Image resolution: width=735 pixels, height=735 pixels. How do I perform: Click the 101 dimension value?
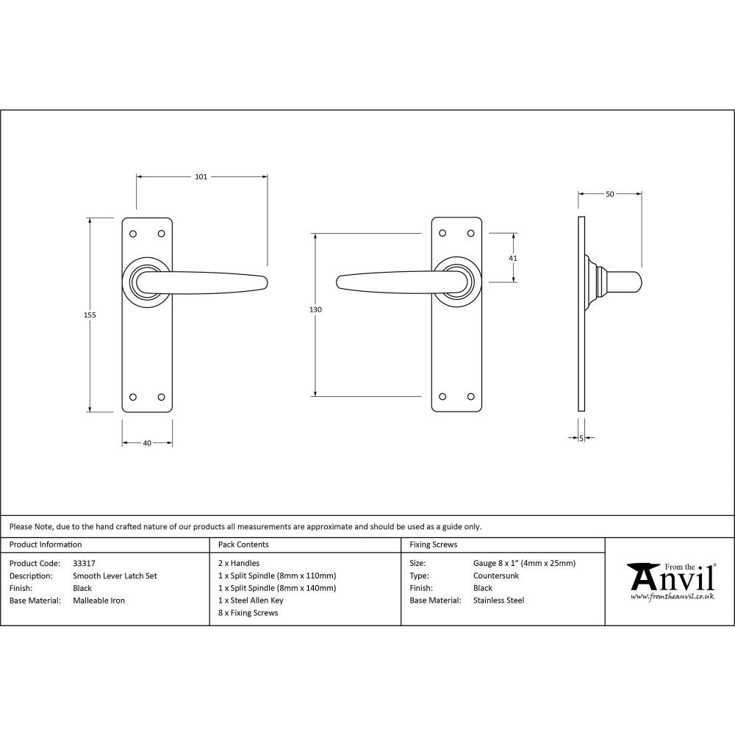click(x=201, y=176)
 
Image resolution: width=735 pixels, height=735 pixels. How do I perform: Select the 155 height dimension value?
click(x=90, y=315)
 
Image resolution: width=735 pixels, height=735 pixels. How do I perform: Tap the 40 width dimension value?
click(x=147, y=443)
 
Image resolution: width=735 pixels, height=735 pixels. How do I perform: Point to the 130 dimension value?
click(x=315, y=310)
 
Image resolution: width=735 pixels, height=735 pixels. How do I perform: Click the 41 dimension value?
click(x=513, y=258)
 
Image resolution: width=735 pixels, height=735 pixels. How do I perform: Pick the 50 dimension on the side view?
click(x=610, y=194)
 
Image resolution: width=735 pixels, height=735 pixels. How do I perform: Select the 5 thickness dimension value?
click(x=581, y=438)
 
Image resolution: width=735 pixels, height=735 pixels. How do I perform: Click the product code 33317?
click(x=85, y=564)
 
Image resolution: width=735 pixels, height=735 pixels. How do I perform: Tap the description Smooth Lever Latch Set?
click(x=115, y=576)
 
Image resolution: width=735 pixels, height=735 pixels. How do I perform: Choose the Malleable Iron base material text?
click(x=99, y=600)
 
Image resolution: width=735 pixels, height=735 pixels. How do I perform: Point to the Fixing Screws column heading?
click(x=433, y=545)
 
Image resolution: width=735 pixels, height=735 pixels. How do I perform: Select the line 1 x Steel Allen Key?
click(x=251, y=600)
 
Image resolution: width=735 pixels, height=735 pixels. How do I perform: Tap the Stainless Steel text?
click(x=499, y=600)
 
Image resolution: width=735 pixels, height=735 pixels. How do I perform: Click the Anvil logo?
click(x=670, y=581)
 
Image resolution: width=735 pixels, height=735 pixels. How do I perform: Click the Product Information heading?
click(x=46, y=545)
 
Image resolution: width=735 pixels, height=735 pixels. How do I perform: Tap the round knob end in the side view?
click(x=631, y=281)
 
